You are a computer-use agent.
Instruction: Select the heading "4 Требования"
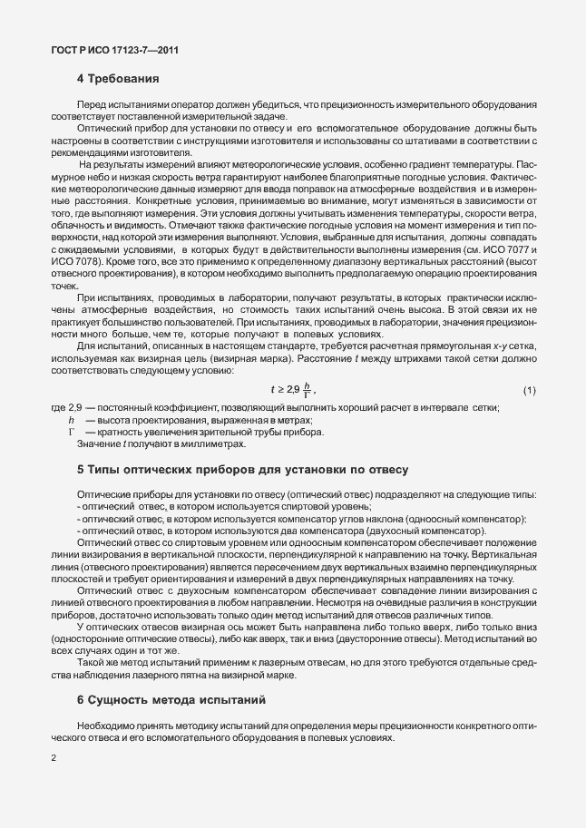coord(118,78)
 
